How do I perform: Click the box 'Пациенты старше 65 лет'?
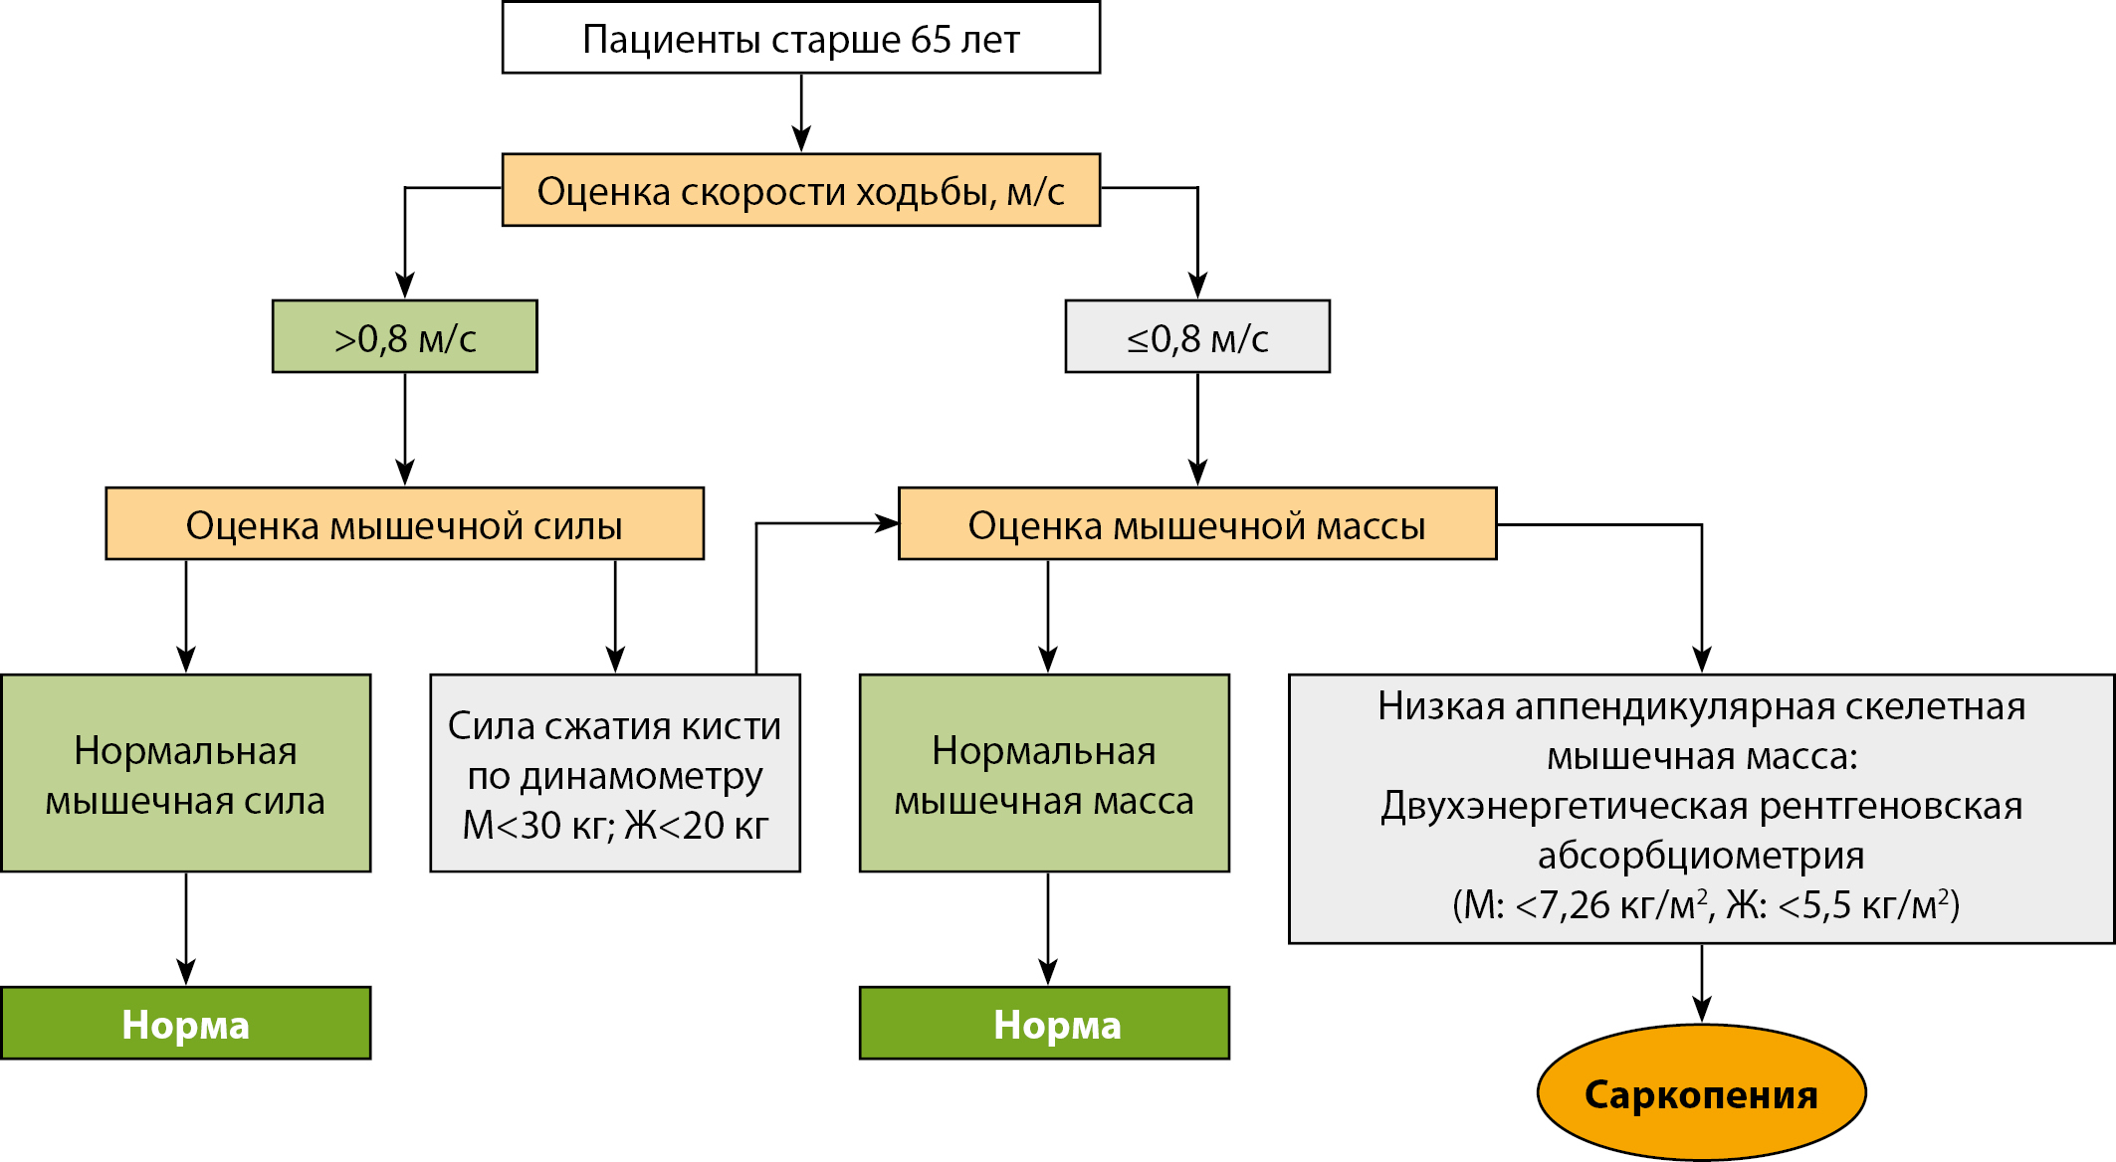coord(800,38)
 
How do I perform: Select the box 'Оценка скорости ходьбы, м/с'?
coord(800,190)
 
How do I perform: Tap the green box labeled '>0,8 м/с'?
coord(404,337)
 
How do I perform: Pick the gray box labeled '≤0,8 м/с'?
coord(1196,337)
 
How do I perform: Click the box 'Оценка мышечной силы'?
coord(404,524)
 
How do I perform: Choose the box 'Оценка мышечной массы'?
coord(1196,524)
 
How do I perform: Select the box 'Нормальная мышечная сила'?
coord(185,774)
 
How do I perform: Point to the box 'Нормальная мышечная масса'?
coord(1044,774)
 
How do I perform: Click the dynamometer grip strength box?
coord(614,774)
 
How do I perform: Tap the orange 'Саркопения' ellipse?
coord(1701,1093)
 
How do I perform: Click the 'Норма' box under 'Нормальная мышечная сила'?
coord(185,1024)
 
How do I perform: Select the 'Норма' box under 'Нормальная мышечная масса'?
coord(1044,1024)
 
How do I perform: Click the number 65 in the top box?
coord(931,40)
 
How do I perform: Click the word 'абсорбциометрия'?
coord(1701,856)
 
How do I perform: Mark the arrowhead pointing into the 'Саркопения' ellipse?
coord(1702,1010)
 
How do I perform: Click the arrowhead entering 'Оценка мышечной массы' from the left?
coord(886,523)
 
